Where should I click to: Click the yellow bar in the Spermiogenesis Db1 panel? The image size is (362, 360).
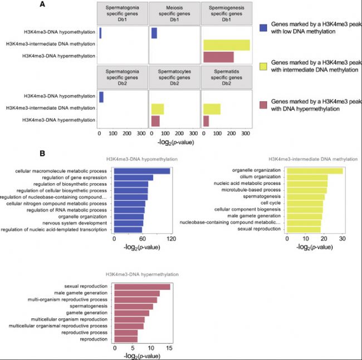[x=226, y=45]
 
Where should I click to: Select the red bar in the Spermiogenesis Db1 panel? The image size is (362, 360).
[x=218, y=57]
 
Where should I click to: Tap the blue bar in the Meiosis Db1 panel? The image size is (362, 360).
[x=154, y=33]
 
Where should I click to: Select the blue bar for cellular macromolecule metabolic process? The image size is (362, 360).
[x=141, y=171]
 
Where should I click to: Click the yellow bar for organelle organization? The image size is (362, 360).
[x=314, y=170]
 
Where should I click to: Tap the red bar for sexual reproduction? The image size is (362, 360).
[x=141, y=287]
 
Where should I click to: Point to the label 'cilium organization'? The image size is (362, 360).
[x=262, y=177]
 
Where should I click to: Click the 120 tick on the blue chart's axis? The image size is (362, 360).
[x=171, y=238]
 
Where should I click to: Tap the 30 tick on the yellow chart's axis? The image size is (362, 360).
[x=343, y=238]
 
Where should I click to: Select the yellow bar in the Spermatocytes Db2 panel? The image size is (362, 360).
[x=157, y=109]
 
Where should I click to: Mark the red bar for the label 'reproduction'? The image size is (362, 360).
[x=125, y=339]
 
